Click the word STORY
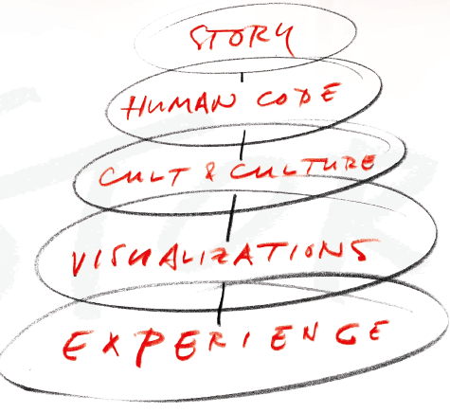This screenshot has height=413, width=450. (x=242, y=39)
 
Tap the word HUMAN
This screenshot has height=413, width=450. (x=178, y=105)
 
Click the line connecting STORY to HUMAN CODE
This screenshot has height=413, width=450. (x=243, y=78)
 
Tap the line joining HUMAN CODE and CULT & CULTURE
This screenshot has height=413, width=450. (x=243, y=145)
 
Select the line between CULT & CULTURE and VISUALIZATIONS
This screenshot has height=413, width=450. (x=231, y=217)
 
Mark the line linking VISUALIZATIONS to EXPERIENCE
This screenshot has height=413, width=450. (x=221, y=303)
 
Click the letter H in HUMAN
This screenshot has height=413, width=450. (x=133, y=107)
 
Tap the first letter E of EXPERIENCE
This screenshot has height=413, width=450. (x=75, y=346)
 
